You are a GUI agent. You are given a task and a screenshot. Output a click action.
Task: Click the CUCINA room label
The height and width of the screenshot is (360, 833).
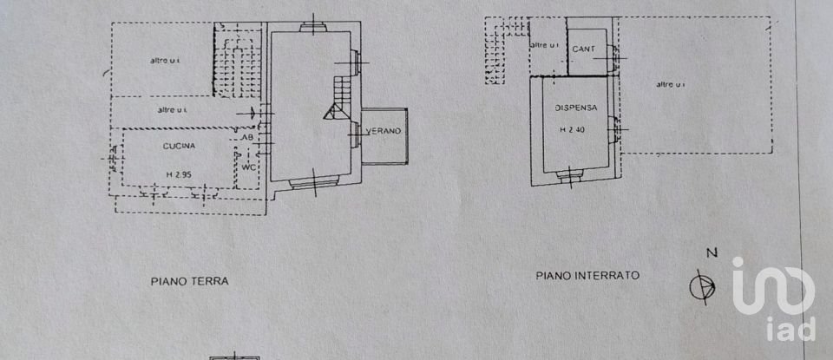[x=179, y=147]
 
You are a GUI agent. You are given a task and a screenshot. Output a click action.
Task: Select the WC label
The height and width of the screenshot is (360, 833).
[x=249, y=167]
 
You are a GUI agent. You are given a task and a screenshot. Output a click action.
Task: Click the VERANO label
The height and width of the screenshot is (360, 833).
[x=383, y=131]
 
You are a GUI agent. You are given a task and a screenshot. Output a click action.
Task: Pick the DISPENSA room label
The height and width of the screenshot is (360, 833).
[x=575, y=108]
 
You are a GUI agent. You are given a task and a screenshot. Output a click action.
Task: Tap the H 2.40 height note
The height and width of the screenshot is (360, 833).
[x=574, y=130]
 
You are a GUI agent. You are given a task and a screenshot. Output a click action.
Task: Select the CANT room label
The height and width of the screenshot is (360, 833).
[x=584, y=49]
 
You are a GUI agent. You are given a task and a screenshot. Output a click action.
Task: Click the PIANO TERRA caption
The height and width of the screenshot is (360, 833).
[x=189, y=281]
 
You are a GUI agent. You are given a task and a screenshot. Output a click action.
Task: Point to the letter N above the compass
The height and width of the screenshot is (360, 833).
[x=711, y=253]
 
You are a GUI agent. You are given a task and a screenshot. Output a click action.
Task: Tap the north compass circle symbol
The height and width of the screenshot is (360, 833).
[x=703, y=285]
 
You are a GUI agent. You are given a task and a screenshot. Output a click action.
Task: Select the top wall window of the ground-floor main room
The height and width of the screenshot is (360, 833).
[x=312, y=27]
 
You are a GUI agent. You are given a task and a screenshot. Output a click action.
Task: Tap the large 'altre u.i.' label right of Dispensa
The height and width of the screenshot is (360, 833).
[x=671, y=84]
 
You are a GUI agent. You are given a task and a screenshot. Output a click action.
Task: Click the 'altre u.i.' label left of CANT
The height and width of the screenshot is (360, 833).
[x=543, y=45]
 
